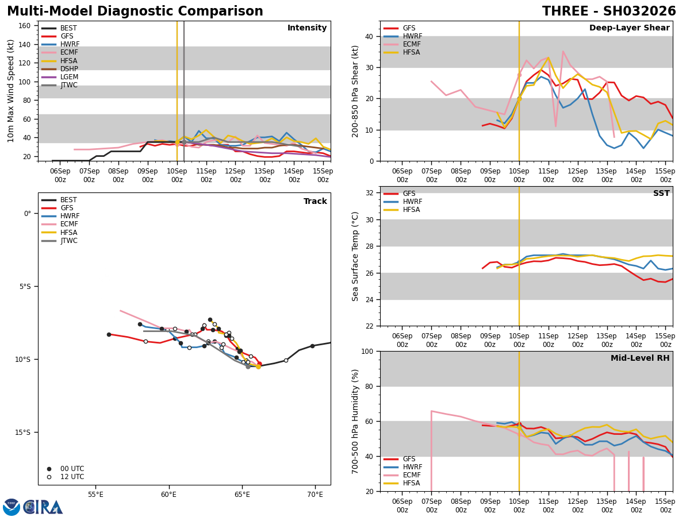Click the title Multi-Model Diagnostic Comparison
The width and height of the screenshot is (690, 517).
point(135,11)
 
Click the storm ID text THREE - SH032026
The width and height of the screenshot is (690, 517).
point(609,11)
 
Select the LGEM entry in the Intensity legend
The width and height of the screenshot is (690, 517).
point(70,77)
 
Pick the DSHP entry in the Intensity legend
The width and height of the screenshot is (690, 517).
point(70,69)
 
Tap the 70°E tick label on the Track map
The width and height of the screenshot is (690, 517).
point(315,494)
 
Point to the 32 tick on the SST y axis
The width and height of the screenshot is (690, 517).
point(370,193)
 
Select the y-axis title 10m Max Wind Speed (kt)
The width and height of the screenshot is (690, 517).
point(11,91)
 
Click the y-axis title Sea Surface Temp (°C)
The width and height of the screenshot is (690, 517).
point(355,256)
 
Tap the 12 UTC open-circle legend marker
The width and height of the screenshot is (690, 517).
point(49,477)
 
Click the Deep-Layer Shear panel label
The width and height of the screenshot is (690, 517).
point(629,28)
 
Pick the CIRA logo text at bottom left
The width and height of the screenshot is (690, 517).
point(43,507)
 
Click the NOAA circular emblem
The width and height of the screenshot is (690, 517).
point(11,507)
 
